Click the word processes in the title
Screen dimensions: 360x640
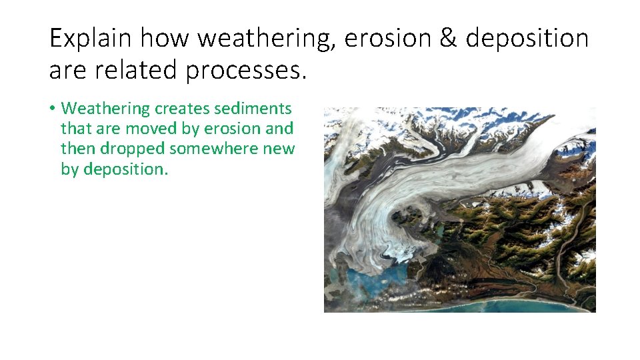(246, 69)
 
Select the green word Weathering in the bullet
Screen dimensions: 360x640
(106, 108)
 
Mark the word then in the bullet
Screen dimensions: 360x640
(77, 149)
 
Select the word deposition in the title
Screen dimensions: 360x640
(527, 39)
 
